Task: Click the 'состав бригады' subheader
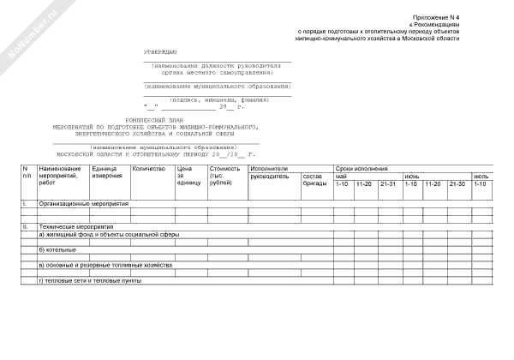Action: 314,180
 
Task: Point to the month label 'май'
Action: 341,177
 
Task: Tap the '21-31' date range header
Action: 387,183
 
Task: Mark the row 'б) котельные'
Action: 57,249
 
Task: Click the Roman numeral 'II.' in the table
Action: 26,226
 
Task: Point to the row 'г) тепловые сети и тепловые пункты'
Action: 90,280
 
